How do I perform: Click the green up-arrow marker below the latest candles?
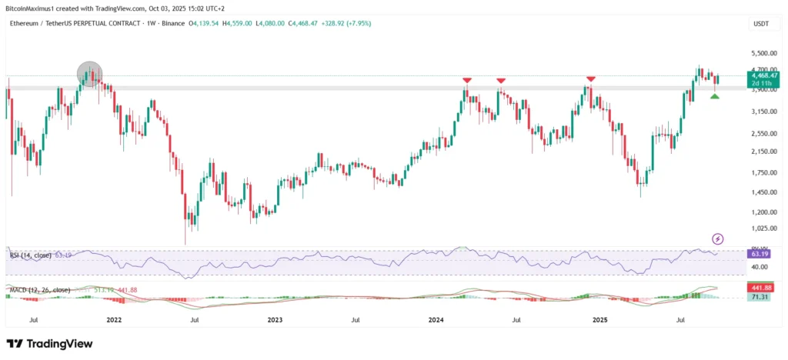[x=715, y=95]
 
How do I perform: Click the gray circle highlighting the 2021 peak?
[x=90, y=74]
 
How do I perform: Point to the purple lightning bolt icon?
[x=718, y=238]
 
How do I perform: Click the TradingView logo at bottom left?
[x=50, y=344]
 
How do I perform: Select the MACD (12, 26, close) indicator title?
[x=39, y=290]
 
